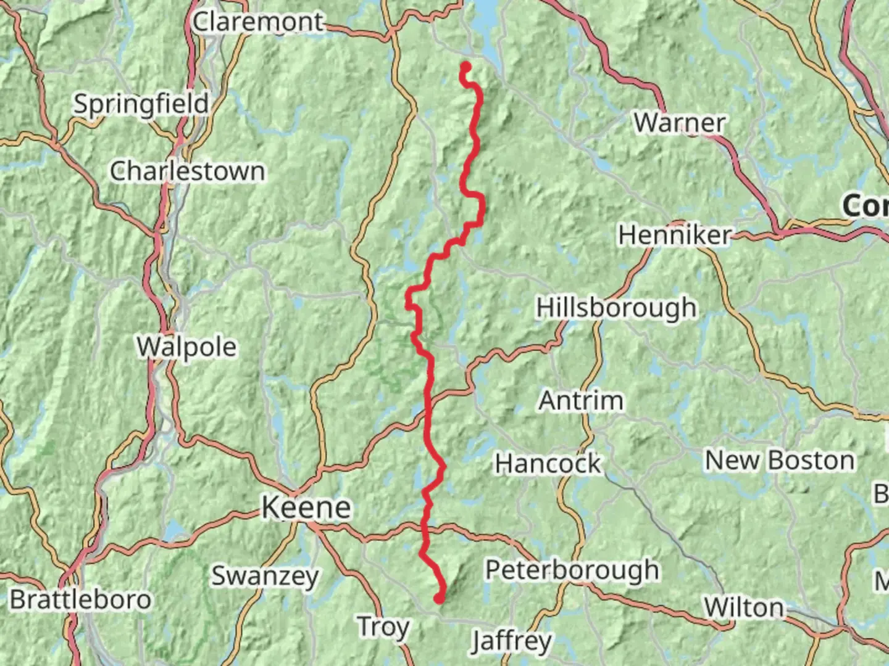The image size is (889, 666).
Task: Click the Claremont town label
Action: [x=258, y=22]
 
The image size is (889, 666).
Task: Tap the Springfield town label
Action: [x=141, y=104]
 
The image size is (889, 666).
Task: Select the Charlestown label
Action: [x=188, y=171]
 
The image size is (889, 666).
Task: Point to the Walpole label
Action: [x=186, y=347]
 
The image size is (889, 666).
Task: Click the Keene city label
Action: [x=306, y=508]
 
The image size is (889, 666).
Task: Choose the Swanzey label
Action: [x=265, y=576]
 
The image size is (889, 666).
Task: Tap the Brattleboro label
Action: [x=80, y=599]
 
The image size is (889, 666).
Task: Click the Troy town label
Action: [x=383, y=627]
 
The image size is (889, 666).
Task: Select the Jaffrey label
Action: [x=511, y=641]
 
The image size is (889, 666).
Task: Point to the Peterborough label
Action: [x=572, y=570]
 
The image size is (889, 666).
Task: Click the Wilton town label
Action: [x=743, y=608]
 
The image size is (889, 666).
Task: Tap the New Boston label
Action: [x=780, y=461]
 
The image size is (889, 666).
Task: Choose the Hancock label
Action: [x=548, y=464]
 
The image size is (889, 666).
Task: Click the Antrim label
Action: [x=581, y=401]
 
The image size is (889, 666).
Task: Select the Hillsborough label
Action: [x=616, y=307]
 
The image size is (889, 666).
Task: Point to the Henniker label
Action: [x=675, y=235]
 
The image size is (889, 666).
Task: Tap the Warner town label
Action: [x=679, y=123]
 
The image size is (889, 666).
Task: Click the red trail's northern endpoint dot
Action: [x=466, y=67]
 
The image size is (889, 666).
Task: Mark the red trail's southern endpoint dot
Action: [x=439, y=598]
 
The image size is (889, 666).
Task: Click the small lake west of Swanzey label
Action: [x=173, y=530]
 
